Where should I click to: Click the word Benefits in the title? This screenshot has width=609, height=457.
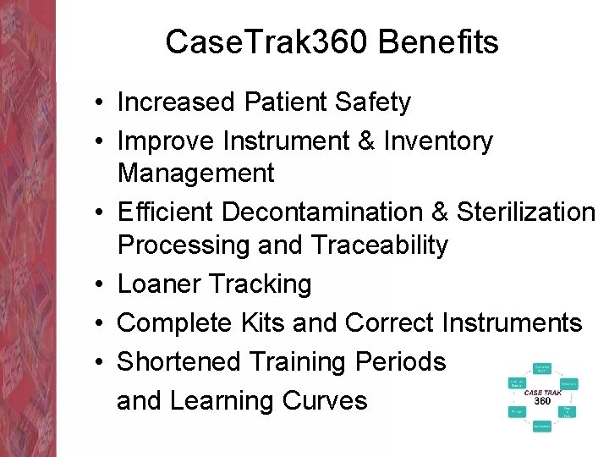[x=438, y=41]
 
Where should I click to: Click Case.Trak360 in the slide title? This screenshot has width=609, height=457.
[x=268, y=41]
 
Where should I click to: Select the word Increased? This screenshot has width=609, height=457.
[x=176, y=102]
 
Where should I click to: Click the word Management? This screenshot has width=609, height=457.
[x=195, y=173]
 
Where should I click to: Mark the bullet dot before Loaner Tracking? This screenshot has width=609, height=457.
[x=99, y=284]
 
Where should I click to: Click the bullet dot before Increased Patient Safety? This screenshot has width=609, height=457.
[x=99, y=103]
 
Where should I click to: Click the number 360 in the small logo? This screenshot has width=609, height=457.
[x=542, y=400]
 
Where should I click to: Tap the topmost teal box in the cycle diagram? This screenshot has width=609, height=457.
[x=542, y=368]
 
